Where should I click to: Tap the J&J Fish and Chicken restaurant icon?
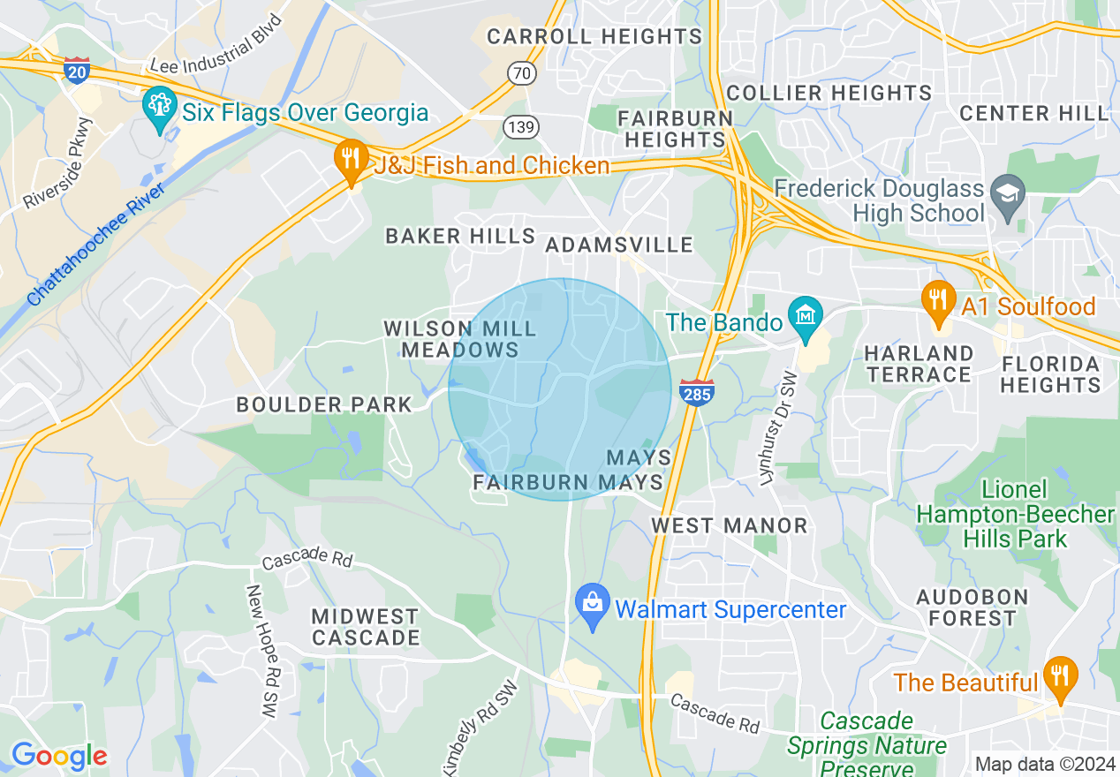coord(352,161)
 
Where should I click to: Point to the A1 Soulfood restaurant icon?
coord(938,300)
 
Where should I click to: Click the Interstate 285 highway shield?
coord(697,393)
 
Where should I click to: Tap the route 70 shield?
coord(522,72)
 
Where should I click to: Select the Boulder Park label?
coord(324,405)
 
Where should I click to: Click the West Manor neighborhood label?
coord(730,526)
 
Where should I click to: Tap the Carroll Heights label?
coord(594,36)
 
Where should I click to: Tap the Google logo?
coord(58,756)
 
